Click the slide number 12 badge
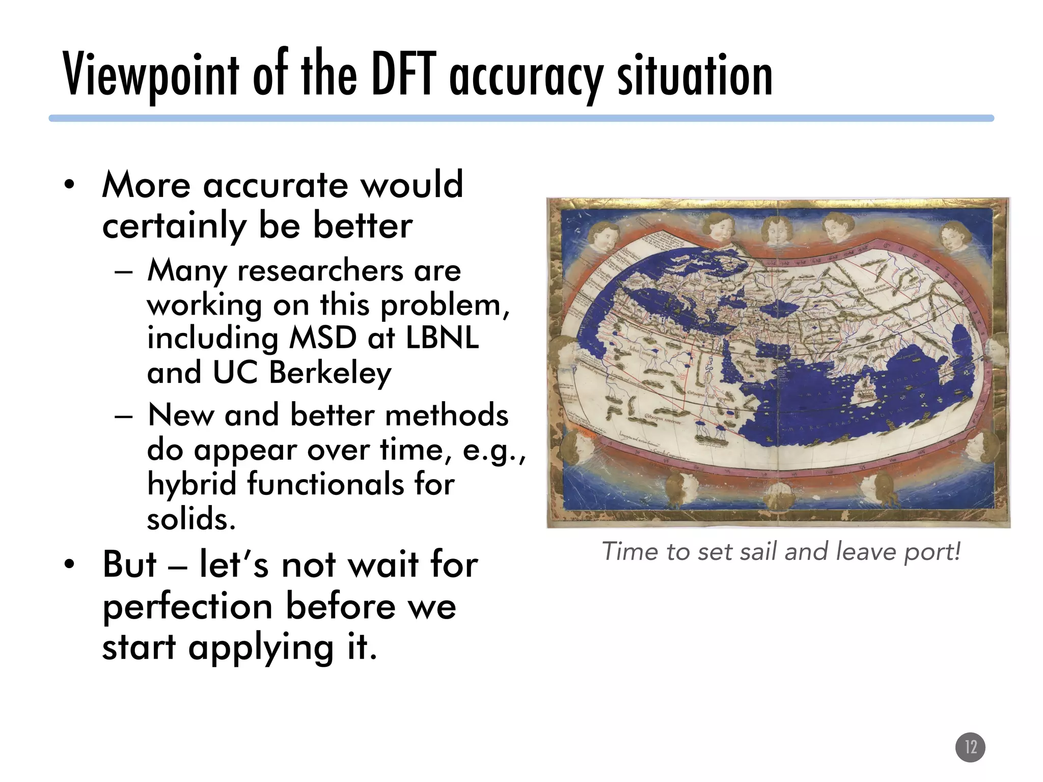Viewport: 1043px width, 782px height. [x=970, y=747]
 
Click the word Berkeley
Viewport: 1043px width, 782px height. [x=330, y=373]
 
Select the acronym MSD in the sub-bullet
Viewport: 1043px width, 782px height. [x=323, y=338]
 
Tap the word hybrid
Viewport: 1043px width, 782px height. [x=191, y=484]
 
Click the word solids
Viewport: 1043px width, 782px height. [x=191, y=519]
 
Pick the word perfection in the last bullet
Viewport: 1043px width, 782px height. [x=187, y=607]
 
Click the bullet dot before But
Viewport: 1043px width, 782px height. [x=69, y=565]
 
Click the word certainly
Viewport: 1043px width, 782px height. [x=174, y=227]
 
